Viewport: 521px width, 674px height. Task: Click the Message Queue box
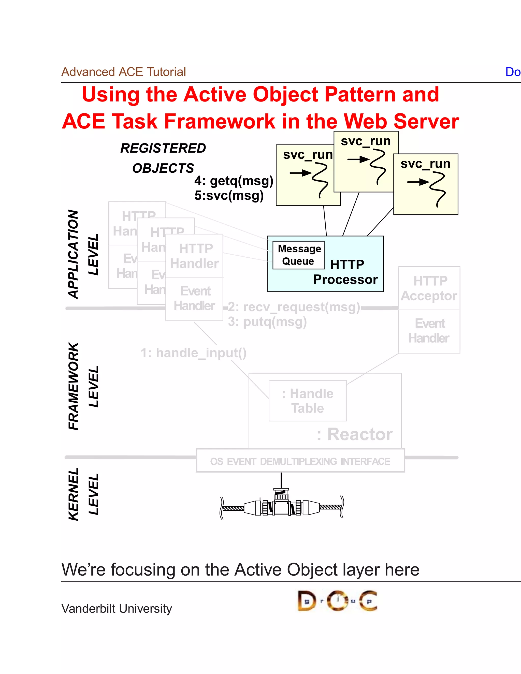[298, 255]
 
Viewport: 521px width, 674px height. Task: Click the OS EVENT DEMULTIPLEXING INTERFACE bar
[300, 461]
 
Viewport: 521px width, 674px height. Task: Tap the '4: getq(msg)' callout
[234, 181]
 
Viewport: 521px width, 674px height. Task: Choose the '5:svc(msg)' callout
[229, 196]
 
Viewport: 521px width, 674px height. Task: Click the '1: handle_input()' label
[194, 353]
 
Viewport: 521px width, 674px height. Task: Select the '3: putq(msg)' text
[267, 322]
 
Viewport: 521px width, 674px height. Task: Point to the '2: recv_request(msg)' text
[294, 307]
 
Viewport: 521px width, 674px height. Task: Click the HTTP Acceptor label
[429, 288]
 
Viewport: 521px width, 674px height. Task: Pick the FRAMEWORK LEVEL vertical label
[83, 386]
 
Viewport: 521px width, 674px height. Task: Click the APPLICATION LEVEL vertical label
[83, 255]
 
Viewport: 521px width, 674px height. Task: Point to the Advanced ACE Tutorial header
[123, 72]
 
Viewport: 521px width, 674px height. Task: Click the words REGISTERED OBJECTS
[163, 158]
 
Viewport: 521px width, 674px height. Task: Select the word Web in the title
[365, 121]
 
